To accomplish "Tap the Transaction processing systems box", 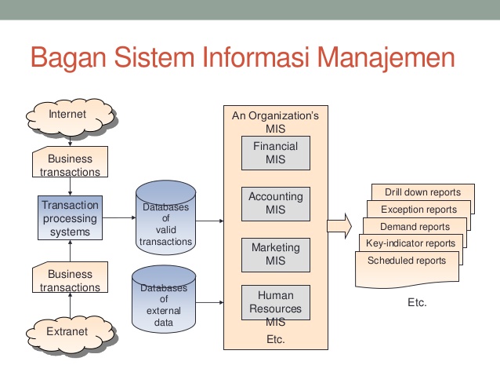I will pos(71,216).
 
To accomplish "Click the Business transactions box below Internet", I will pos(71,164).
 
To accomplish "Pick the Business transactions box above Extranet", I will pos(71,280).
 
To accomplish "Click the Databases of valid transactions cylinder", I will pos(165,225).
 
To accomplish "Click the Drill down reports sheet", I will pos(422,192).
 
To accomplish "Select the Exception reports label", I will pos(418,210).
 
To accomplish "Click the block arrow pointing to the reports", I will pos(339,227).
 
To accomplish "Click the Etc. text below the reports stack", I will pos(417,302).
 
